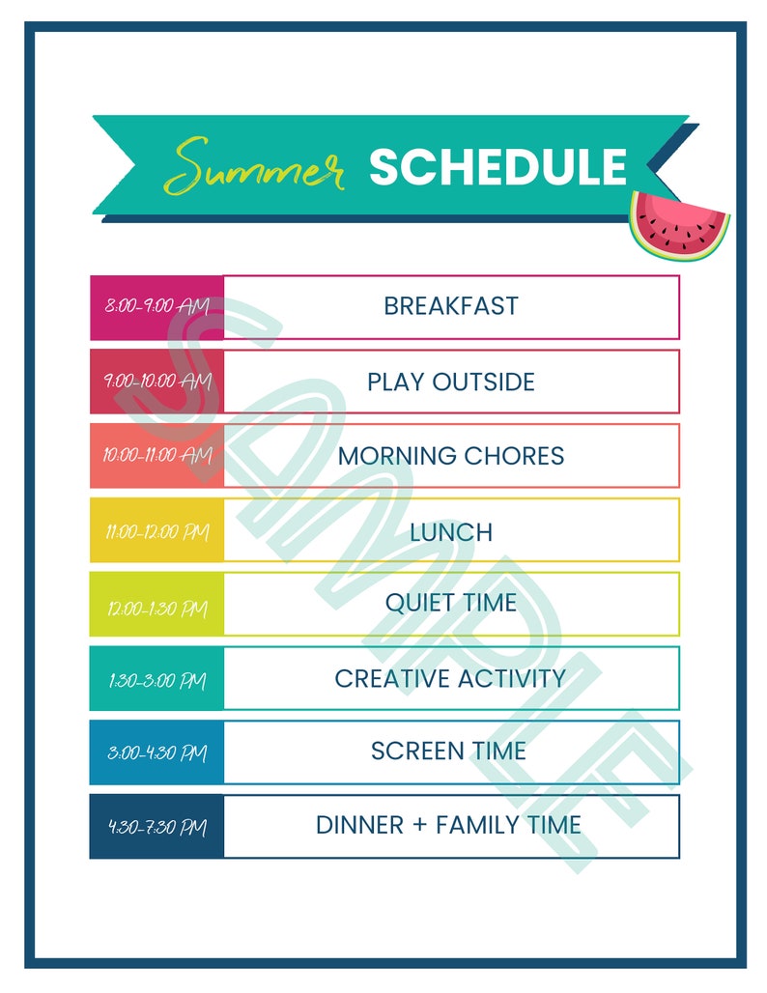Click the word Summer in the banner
(254, 167)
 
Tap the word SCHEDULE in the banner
(497, 167)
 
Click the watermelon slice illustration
(679, 225)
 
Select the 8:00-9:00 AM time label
(156, 306)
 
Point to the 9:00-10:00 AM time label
(156, 381)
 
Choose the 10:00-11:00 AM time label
(156, 455)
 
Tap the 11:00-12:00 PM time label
(156, 530)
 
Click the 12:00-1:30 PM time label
(156, 610)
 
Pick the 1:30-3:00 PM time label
(156, 680)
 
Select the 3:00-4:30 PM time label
(156, 753)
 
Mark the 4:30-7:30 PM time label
(156, 828)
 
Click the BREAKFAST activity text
(450, 306)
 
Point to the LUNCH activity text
(450, 532)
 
